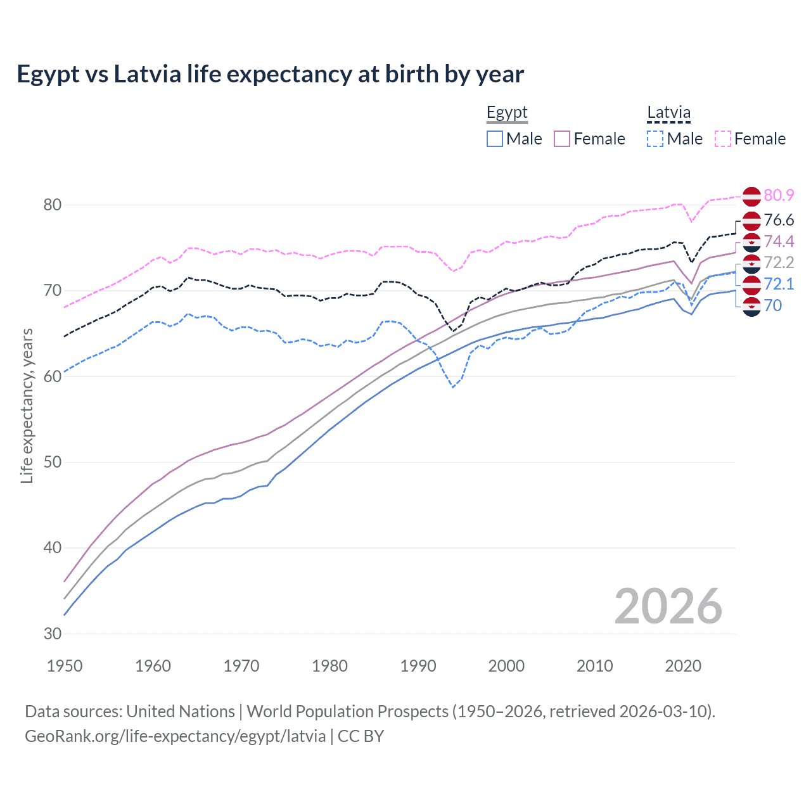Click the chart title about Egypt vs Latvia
(270, 74)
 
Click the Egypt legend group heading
(507, 113)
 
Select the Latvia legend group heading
(668, 113)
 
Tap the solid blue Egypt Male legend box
(495, 139)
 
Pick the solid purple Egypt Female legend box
(563, 139)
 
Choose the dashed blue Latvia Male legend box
(656, 139)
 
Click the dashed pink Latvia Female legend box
(723, 139)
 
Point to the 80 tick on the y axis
(53, 205)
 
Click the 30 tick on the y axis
(53, 634)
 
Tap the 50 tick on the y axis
(53, 462)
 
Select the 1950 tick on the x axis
(65, 666)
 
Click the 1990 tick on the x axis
(418, 666)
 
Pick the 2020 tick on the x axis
(683, 666)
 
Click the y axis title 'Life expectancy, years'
(27, 405)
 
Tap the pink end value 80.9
(779, 195)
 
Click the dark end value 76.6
(779, 220)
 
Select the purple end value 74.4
(779, 241)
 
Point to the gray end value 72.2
(779, 262)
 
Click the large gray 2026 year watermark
(668, 606)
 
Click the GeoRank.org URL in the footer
(175, 736)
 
